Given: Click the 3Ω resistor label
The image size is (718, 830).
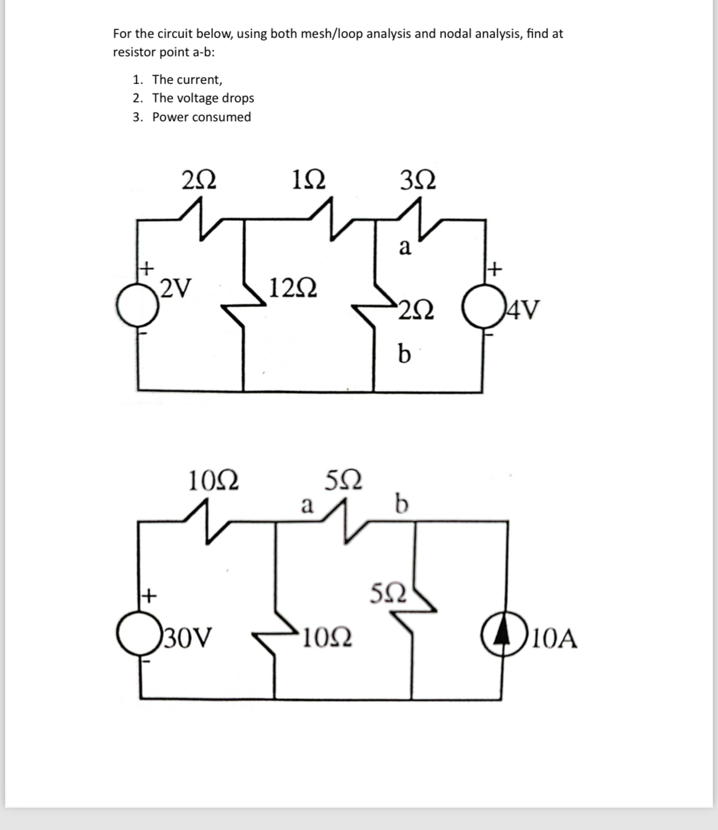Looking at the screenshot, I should click(418, 180).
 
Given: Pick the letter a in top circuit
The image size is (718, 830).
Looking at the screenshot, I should click(404, 248).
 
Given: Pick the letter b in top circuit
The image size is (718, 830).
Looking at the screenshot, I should click(404, 353).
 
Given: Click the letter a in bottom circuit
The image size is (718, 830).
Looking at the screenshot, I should click(306, 506).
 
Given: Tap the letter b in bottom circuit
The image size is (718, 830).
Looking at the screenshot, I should click(401, 504).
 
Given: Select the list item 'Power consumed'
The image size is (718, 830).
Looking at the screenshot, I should click(201, 117).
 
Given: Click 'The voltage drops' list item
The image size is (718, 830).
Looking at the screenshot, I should click(203, 98).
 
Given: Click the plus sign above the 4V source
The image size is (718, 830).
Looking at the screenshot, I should click(495, 268).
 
